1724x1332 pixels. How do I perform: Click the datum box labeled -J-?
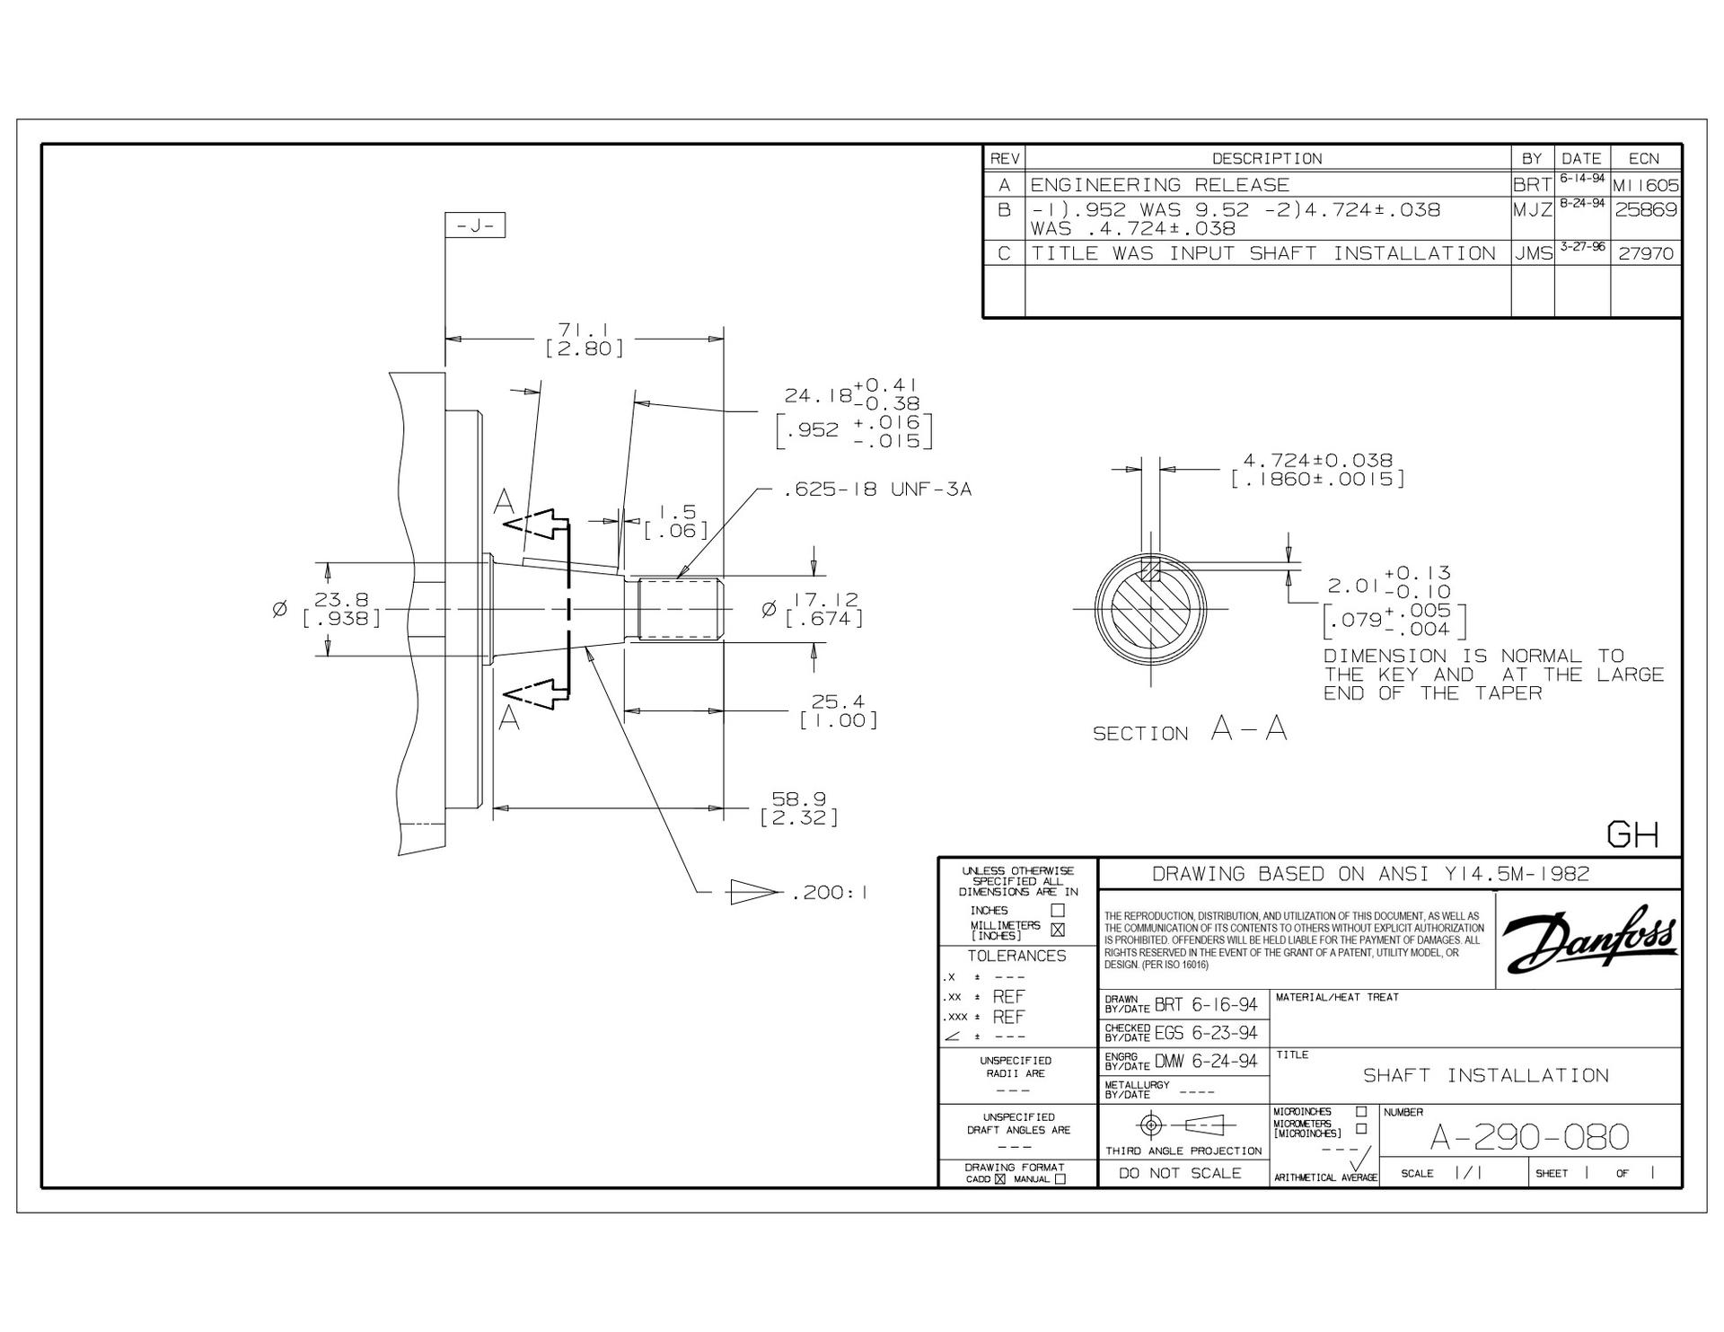tap(475, 225)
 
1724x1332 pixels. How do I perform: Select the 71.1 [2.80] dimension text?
tap(584, 339)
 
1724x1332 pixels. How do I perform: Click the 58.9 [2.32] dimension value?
tap(799, 808)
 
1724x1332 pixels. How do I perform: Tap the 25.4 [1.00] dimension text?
tap(838, 710)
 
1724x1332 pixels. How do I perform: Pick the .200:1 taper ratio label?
tap(828, 893)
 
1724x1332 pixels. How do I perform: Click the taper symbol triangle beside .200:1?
tap(753, 892)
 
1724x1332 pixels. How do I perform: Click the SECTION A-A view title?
tap(1190, 729)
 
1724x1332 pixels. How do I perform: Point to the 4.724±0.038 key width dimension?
tap(1317, 470)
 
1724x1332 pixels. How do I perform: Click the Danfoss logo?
tap(1589, 940)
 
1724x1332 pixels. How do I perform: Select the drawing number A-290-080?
tap(1529, 1137)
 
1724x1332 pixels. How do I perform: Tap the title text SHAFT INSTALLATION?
tap(1486, 1075)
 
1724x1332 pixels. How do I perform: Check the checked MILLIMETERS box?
tap(1058, 930)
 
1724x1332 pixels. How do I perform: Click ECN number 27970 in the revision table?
tap(1646, 253)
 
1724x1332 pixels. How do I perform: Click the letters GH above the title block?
tap(1632, 835)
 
